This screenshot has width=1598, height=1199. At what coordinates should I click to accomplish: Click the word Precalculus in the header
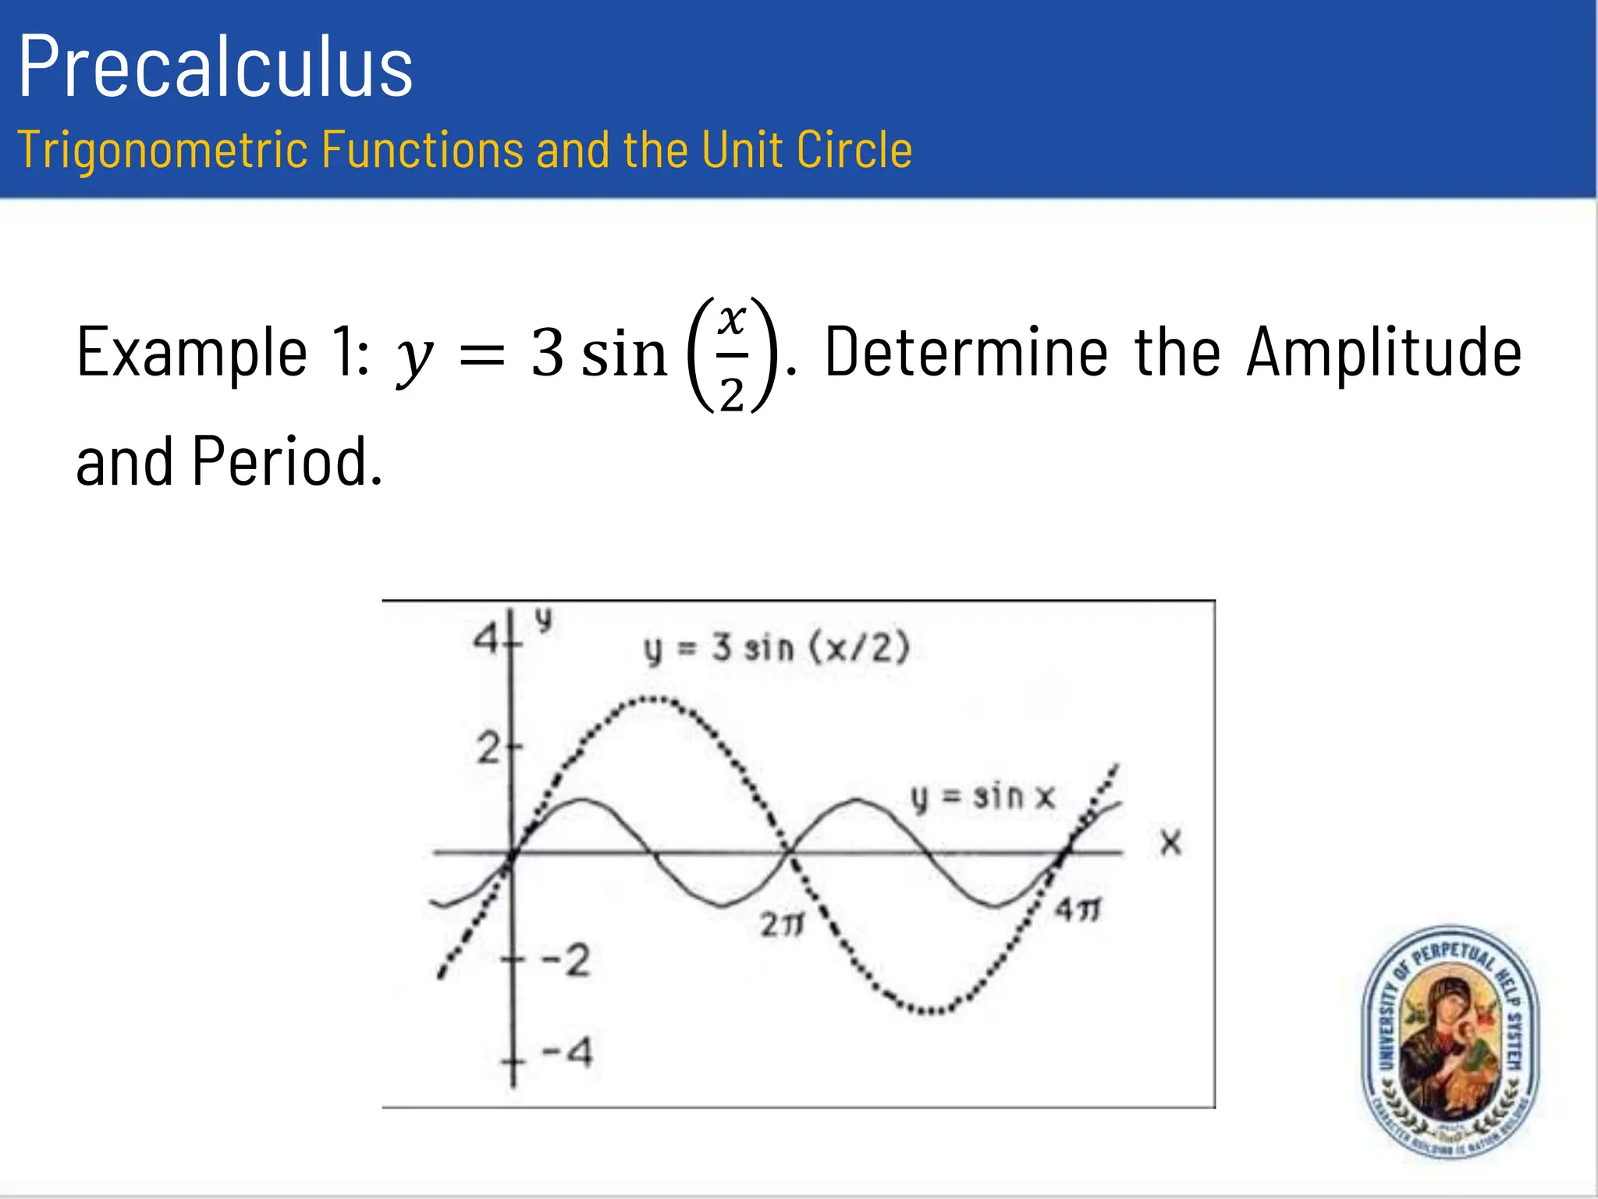click(x=215, y=68)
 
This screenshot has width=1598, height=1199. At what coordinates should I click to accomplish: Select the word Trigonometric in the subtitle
click(x=162, y=149)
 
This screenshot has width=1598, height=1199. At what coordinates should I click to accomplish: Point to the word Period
click(x=286, y=462)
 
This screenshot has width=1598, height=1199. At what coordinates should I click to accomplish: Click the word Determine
click(x=966, y=353)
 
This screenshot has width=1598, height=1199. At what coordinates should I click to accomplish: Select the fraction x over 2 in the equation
click(x=732, y=356)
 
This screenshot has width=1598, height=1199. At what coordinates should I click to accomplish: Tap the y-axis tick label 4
click(x=486, y=640)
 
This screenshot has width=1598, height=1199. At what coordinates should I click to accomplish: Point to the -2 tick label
click(x=566, y=960)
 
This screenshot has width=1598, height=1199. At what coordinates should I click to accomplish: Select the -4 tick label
click(x=567, y=1052)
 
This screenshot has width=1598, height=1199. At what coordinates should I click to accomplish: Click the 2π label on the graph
click(x=782, y=926)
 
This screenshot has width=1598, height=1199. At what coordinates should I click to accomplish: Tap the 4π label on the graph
click(x=1078, y=910)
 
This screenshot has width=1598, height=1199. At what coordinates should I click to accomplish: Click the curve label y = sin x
click(x=982, y=797)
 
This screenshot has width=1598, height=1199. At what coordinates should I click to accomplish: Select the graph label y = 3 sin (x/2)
click(x=776, y=649)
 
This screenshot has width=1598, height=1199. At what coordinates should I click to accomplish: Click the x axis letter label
click(x=1170, y=843)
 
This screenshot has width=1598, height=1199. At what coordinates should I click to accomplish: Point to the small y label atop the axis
click(x=544, y=621)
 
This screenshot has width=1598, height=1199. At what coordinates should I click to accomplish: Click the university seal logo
click(x=1450, y=1042)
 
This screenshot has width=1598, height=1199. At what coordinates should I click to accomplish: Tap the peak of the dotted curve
click(x=652, y=699)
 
